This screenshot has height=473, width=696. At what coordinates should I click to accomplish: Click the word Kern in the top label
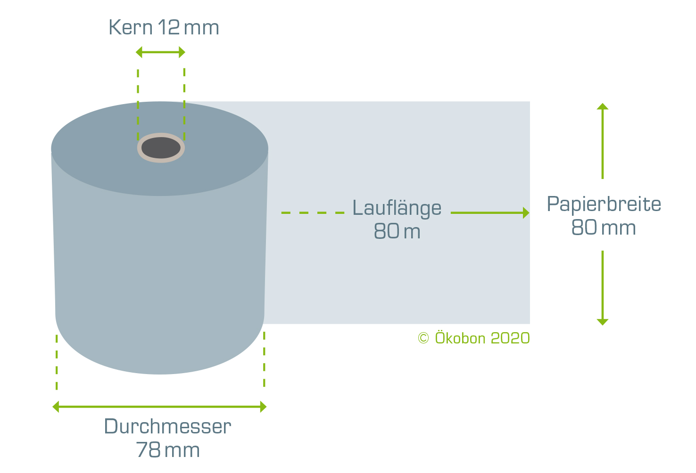pyautogui.click(x=131, y=27)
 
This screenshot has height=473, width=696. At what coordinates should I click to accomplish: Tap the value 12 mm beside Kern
pyautogui.click(x=189, y=27)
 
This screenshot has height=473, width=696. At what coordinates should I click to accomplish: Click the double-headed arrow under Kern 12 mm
pyautogui.click(x=160, y=52)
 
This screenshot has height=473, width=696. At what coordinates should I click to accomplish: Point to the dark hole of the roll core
pyautogui.click(x=161, y=148)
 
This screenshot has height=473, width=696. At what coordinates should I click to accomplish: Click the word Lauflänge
pyautogui.click(x=397, y=208)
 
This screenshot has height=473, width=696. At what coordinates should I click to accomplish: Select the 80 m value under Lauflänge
pyautogui.click(x=397, y=231)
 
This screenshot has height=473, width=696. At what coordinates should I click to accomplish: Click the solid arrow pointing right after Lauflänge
pyautogui.click(x=490, y=213)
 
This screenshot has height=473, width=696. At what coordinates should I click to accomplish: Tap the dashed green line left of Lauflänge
pyautogui.click(x=313, y=213)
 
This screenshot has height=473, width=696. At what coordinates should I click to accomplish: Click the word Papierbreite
pyautogui.click(x=604, y=204)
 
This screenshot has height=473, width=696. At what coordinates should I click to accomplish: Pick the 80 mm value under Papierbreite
pyautogui.click(x=604, y=228)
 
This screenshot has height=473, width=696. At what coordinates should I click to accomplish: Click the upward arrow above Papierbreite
pyautogui.click(x=603, y=141)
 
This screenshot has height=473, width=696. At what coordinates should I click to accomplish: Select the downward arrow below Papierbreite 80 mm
pyautogui.click(x=603, y=288)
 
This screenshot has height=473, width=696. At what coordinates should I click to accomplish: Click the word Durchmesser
pyautogui.click(x=167, y=426)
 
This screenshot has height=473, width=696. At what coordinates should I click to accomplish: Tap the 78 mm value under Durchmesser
pyautogui.click(x=168, y=450)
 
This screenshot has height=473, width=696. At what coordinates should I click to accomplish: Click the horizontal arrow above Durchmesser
pyautogui.click(x=160, y=407)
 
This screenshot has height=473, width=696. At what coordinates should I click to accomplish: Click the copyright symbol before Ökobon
pyautogui.click(x=423, y=338)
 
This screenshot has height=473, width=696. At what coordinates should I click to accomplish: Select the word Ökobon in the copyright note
pyautogui.click(x=460, y=337)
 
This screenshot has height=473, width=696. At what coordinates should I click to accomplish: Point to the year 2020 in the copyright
pyautogui.click(x=510, y=338)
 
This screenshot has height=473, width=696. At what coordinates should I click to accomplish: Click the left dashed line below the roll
pyautogui.click(x=57, y=362)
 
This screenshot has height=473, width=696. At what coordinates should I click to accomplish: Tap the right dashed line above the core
pyautogui.click(x=184, y=105)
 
